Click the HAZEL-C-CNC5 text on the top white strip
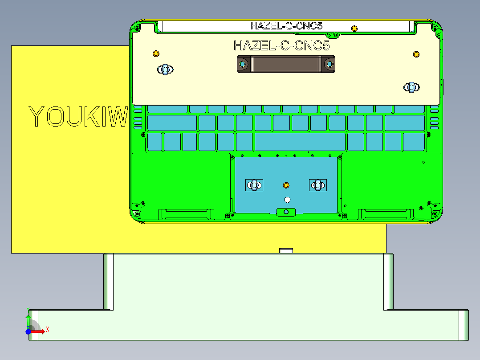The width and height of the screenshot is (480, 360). [286, 26]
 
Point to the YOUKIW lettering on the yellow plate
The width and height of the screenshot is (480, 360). [78, 117]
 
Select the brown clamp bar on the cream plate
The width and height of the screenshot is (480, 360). [285, 64]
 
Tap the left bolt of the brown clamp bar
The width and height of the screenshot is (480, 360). [243, 64]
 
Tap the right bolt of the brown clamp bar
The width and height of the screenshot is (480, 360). [329, 64]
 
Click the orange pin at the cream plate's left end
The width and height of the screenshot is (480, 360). [156, 54]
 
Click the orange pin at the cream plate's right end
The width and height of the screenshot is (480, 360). [416, 54]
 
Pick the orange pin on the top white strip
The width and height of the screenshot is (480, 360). [354, 29]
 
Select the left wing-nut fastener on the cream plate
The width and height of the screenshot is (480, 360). [165, 70]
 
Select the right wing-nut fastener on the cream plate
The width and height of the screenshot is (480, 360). [411, 87]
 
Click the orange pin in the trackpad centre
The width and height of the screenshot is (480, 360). [286, 185]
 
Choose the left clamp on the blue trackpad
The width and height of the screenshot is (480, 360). [255, 185]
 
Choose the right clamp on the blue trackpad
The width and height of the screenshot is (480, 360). [318, 185]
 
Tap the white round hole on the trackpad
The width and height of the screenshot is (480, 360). [287, 200]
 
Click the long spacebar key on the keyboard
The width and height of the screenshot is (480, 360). [300, 142]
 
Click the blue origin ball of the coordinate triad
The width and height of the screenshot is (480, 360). [28, 331]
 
